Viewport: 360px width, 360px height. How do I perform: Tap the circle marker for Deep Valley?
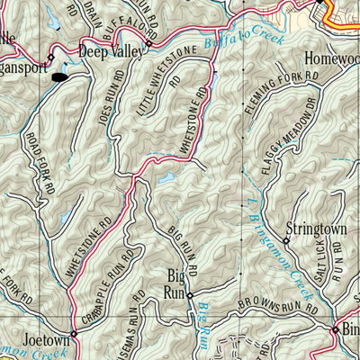point(149,42)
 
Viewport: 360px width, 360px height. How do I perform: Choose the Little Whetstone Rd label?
point(154,87)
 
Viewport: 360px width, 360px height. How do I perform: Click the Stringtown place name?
point(315,229)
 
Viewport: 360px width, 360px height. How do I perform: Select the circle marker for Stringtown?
point(286,240)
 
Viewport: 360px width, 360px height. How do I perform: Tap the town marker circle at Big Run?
point(189,293)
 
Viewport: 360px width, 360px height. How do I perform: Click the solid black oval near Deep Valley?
point(59,76)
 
